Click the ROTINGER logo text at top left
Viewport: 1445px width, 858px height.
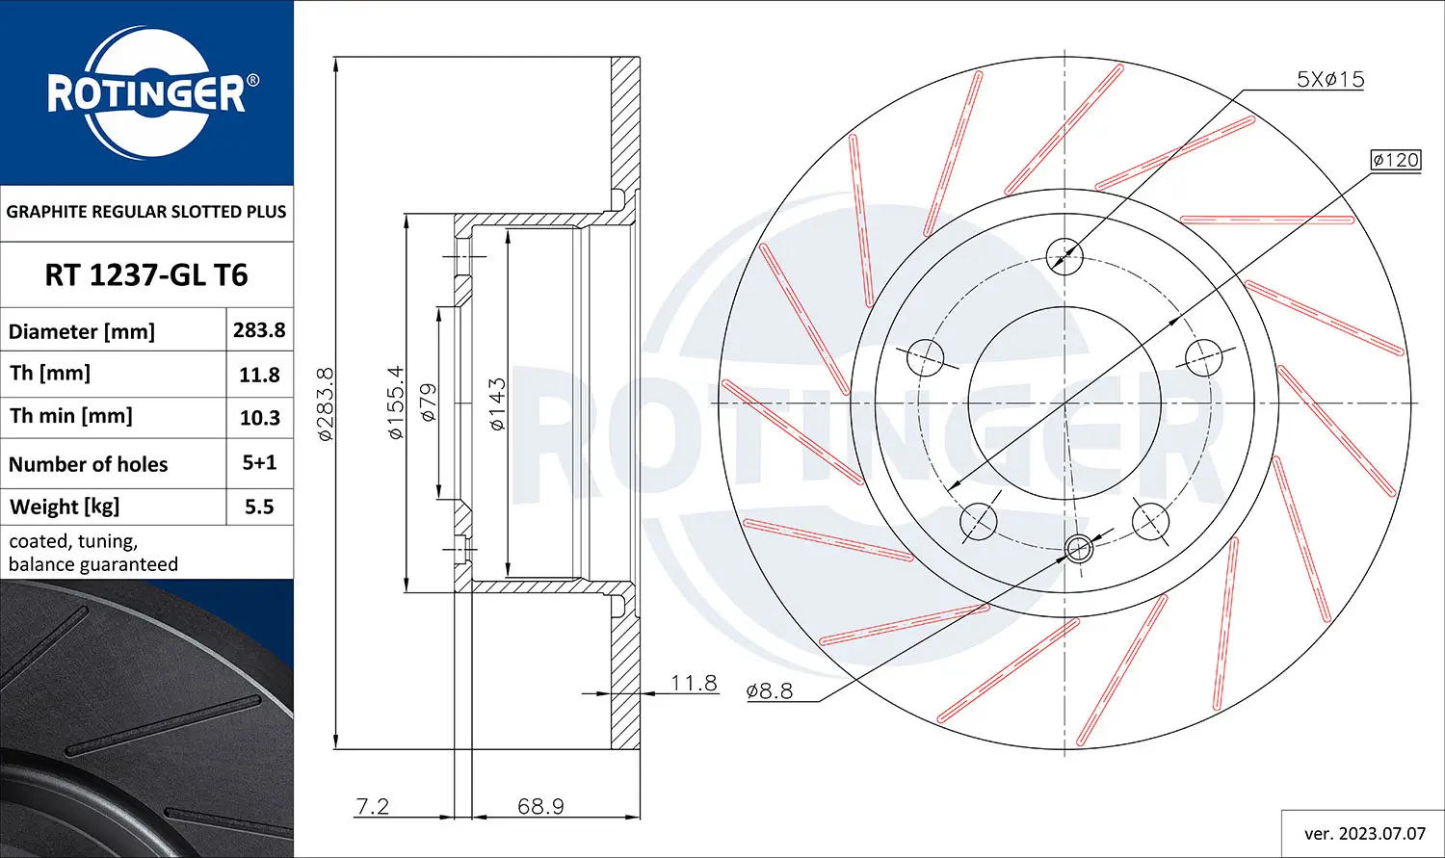pyautogui.click(x=146, y=94)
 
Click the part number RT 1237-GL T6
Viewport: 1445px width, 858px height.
pyautogui.click(x=146, y=275)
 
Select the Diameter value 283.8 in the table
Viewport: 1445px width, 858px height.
pyautogui.click(x=259, y=330)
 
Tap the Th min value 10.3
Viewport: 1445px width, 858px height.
pyautogui.click(x=259, y=418)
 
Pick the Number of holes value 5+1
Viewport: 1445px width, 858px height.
pyautogui.click(x=259, y=463)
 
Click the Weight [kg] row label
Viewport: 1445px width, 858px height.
pyautogui.click(x=65, y=507)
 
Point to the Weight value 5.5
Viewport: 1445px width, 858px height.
pyautogui.click(x=259, y=507)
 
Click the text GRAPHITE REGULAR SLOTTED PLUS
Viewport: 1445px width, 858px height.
pyautogui.click(x=146, y=212)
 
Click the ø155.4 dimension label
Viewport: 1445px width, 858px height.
pyautogui.click(x=395, y=403)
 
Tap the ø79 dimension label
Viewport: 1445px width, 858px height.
pyautogui.click(x=428, y=403)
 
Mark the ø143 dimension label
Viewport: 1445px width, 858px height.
pyautogui.click(x=497, y=403)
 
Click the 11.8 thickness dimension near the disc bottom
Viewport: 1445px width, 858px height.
pyautogui.click(x=694, y=683)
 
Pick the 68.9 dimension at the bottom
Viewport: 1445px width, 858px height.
pyautogui.click(x=540, y=806)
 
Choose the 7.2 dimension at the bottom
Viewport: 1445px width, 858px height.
pyautogui.click(x=373, y=806)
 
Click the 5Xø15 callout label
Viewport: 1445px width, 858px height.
pyautogui.click(x=1330, y=80)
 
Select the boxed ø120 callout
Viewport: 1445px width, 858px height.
pyautogui.click(x=1396, y=160)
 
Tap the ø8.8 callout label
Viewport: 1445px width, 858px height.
pyautogui.click(x=770, y=690)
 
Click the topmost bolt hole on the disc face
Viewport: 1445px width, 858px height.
pyautogui.click(x=1064, y=256)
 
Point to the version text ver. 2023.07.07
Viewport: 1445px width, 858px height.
pyautogui.click(x=1364, y=834)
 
